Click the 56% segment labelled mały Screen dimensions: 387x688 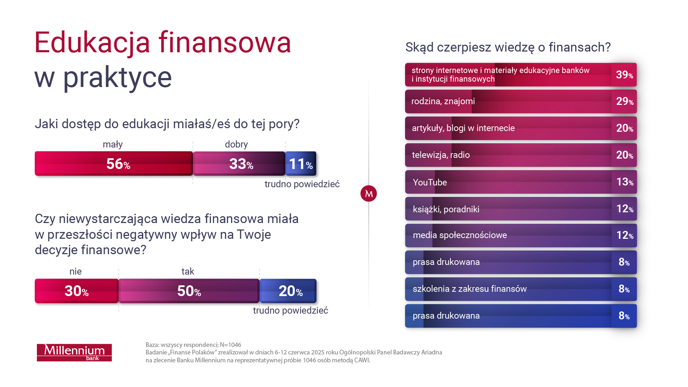click(114, 164)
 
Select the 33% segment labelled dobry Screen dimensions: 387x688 click(239, 164)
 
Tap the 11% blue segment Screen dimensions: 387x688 click(301, 164)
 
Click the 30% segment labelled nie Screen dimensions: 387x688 click(76, 291)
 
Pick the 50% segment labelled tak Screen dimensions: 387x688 click(189, 291)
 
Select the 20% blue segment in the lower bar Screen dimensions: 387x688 click(288, 291)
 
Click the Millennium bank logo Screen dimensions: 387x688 click(74, 352)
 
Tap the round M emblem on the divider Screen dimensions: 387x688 click(369, 194)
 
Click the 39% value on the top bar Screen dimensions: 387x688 click(624, 75)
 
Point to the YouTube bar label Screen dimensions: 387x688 click(430, 182)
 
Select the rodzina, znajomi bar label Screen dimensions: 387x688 click(443, 101)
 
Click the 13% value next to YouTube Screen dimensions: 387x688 click(624, 182)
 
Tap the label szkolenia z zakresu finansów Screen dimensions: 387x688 click(470, 289)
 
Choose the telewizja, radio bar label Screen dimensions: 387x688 click(441, 155)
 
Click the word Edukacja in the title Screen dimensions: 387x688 click(92, 43)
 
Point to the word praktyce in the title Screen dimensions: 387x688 click(117, 78)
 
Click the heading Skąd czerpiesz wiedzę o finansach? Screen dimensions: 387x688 click(507, 47)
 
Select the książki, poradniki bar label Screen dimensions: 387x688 click(446, 209)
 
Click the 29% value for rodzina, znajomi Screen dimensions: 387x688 click(624, 101)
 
